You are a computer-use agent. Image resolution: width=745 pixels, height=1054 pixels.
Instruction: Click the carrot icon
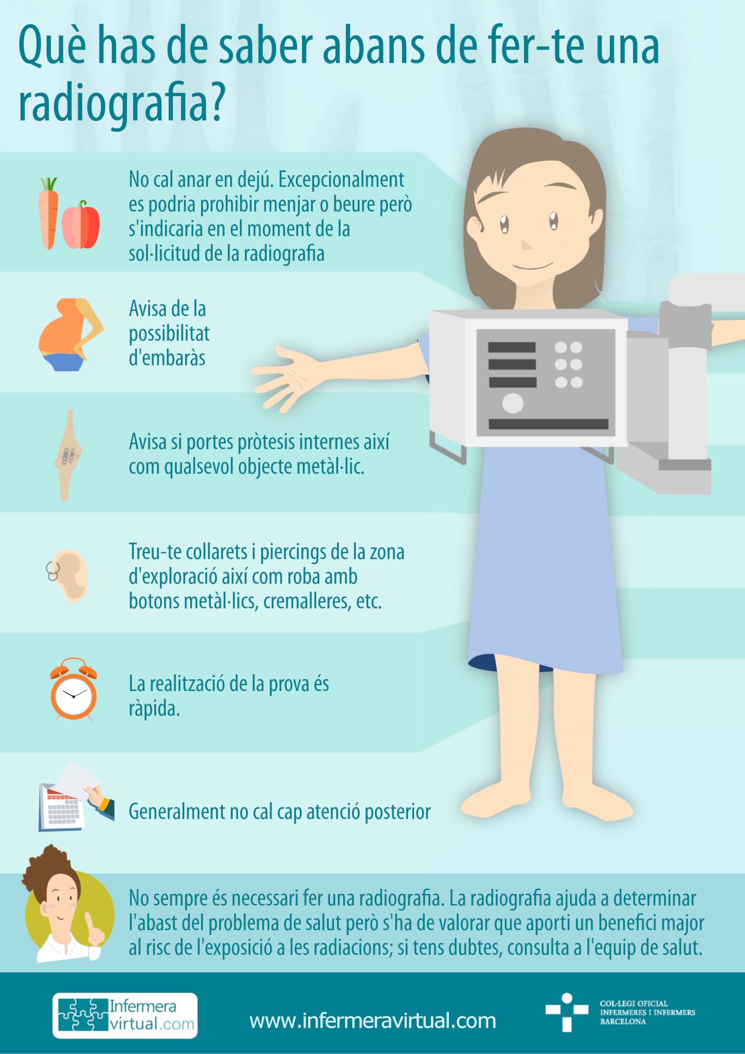click(x=48, y=215)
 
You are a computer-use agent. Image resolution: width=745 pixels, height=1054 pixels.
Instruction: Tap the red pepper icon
click(x=81, y=226)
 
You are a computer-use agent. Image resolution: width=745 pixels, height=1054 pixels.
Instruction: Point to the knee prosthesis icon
click(x=68, y=455)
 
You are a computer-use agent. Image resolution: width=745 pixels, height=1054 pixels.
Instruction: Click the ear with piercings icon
click(x=69, y=576)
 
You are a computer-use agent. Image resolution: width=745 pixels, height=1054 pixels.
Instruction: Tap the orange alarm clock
click(x=74, y=690)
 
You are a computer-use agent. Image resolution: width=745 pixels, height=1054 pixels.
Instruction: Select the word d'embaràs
click(x=167, y=358)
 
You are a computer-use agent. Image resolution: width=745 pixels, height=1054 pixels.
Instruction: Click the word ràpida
click(x=154, y=709)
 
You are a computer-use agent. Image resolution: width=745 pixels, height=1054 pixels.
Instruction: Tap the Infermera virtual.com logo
click(x=125, y=1015)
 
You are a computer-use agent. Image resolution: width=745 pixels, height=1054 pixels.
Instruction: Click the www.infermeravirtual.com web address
click(x=372, y=1021)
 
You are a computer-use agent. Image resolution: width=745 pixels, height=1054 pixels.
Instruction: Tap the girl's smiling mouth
click(x=533, y=266)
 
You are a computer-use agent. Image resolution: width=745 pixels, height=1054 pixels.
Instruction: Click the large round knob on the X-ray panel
click(x=513, y=403)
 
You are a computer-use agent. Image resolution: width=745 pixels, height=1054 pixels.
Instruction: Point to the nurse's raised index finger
click(x=90, y=923)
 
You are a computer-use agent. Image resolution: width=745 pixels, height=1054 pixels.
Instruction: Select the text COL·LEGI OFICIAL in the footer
click(x=634, y=1003)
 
